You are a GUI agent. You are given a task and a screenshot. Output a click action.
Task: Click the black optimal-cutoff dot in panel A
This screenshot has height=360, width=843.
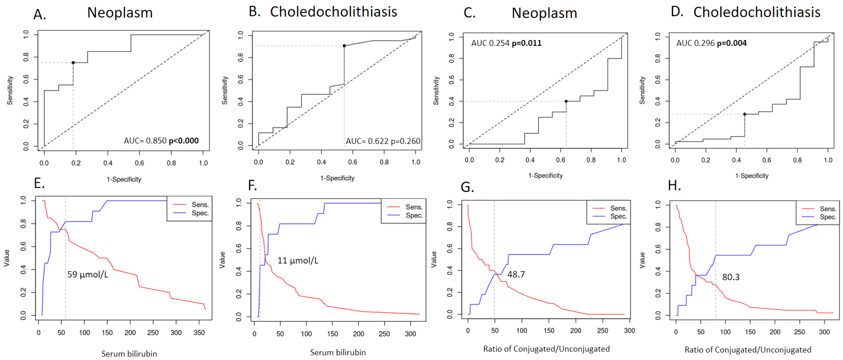(x=73, y=63)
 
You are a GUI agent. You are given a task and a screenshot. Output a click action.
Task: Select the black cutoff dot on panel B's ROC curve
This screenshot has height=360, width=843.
(x=344, y=46)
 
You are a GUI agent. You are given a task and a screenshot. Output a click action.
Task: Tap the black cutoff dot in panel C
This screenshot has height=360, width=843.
(x=566, y=101)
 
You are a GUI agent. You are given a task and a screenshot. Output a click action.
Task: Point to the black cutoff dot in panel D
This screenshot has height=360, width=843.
(x=745, y=114)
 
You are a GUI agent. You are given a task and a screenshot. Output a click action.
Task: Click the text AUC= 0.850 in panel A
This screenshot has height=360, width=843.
(x=145, y=141)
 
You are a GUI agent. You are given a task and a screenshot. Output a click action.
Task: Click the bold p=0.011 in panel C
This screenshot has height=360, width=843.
(x=527, y=43)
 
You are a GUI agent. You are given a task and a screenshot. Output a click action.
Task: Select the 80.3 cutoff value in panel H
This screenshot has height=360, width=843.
(x=731, y=277)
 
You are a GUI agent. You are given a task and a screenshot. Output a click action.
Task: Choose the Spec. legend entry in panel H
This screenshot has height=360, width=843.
(x=828, y=217)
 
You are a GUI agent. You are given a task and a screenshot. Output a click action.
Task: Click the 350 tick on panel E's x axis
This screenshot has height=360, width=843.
(x=199, y=332)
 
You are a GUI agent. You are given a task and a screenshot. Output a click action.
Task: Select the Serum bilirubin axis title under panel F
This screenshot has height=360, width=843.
(x=338, y=352)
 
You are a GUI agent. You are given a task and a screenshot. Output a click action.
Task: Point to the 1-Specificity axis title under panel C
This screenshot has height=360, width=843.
(x=546, y=175)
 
